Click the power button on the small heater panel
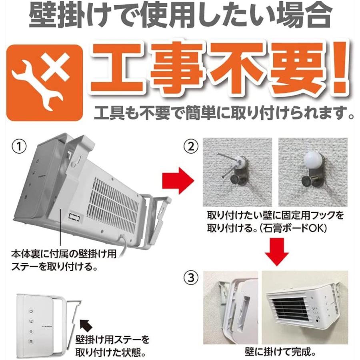[31, 311]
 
